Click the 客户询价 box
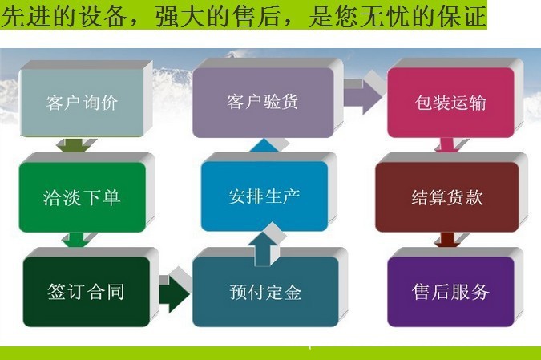pyautogui.click(x=82, y=102)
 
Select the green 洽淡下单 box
pyautogui.click(x=82, y=197)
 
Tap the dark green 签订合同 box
pyautogui.click(x=87, y=292)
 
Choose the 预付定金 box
pyautogui.click(x=265, y=292)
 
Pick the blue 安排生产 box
pyautogui.click(x=264, y=196)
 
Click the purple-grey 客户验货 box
pyautogui.click(x=263, y=102)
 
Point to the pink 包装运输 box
pyautogui.click(x=450, y=103)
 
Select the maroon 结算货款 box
pyautogui.click(x=447, y=197)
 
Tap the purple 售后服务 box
pyautogui.click(x=450, y=292)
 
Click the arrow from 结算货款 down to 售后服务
pyautogui.click(x=447, y=240)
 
